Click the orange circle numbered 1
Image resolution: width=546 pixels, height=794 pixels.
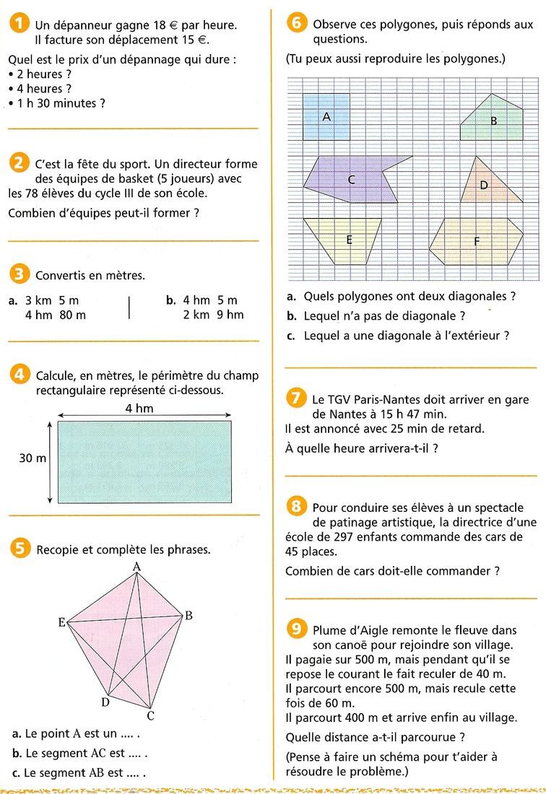click(x=19, y=25)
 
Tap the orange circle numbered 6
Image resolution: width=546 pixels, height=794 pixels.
click(x=297, y=23)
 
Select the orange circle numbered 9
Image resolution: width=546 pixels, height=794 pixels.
click(x=296, y=629)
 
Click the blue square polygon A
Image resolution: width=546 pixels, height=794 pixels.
click(x=326, y=115)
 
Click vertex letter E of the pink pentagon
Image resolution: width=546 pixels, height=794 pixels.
click(x=62, y=621)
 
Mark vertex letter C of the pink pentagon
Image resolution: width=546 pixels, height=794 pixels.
click(x=150, y=715)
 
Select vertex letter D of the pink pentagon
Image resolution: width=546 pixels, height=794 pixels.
click(x=105, y=701)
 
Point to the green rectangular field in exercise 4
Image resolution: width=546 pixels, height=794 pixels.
click(x=144, y=461)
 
